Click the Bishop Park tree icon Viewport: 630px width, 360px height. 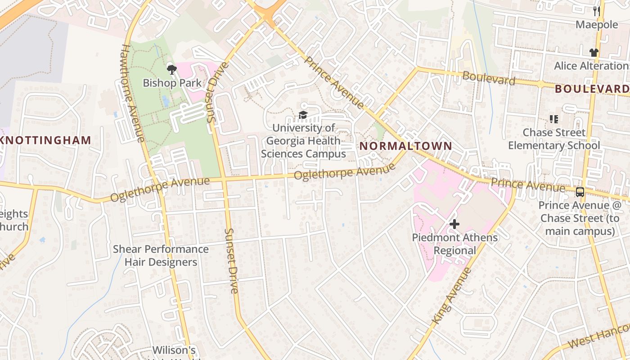(171, 69)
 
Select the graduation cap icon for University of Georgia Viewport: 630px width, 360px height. (303, 116)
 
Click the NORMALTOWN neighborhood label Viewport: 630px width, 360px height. (405, 146)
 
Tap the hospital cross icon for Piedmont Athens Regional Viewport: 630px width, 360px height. (454, 224)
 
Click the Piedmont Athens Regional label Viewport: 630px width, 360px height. (454, 244)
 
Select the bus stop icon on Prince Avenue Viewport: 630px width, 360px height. (580, 192)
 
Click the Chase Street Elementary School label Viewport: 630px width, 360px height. (554, 139)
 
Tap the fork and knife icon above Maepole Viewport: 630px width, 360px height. (597, 11)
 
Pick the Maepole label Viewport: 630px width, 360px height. (597, 25)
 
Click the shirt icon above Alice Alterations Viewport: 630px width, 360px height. (594, 53)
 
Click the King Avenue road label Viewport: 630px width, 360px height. (451, 296)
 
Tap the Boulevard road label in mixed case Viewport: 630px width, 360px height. (488, 78)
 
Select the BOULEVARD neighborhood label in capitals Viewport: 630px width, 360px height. (592, 89)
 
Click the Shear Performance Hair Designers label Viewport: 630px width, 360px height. (161, 256)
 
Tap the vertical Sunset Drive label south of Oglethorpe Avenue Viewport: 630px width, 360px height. (232, 261)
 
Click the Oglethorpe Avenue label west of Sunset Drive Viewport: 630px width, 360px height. (160, 190)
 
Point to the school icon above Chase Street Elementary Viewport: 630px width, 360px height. (554, 119)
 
